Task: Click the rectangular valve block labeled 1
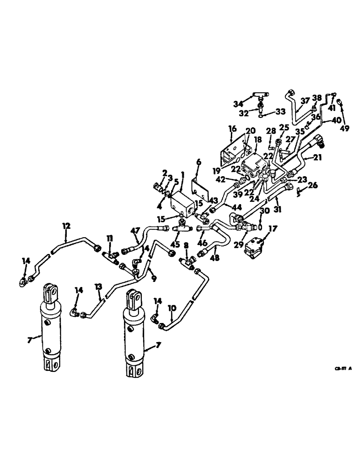click(183, 205)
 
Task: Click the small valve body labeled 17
click(257, 247)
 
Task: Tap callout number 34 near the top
click(238, 103)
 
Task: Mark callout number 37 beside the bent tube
click(305, 100)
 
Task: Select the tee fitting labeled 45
click(181, 228)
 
